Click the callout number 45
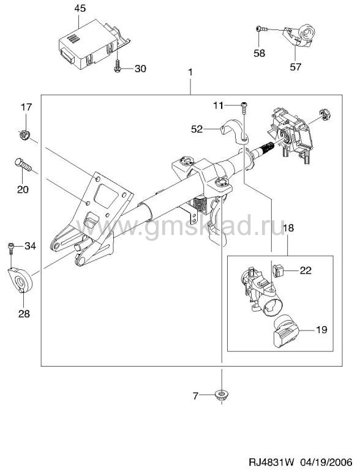click(x=80, y=8)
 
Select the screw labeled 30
click(x=117, y=66)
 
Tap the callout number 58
click(x=259, y=53)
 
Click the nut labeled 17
click(x=24, y=135)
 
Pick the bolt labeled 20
click(x=23, y=165)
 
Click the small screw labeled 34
click(x=10, y=248)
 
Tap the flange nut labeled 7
click(x=222, y=394)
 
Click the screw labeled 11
click(x=244, y=108)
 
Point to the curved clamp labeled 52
click(x=234, y=131)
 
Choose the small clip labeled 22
click(x=278, y=270)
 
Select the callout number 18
click(x=288, y=228)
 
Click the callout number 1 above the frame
click(x=190, y=73)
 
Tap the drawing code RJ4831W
click(x=272, y=460)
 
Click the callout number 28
click(x=24, y=314)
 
